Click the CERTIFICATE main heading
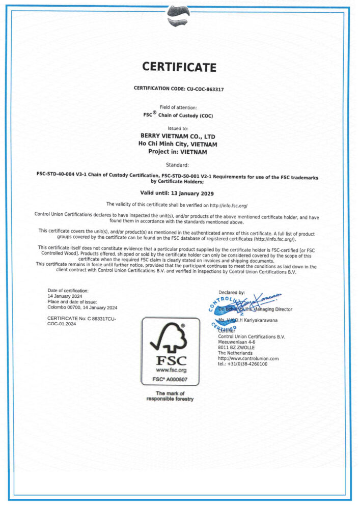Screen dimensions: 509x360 click(x=179, y=67)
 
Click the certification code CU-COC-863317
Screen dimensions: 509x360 click(x=202, y=88)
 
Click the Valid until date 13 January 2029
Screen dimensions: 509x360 click(x=177, y=193)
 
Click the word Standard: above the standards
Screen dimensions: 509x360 click(x=178, y=165)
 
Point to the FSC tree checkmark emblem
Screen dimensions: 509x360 click(x=170, y=338)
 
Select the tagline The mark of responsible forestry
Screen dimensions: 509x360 click(x=170, y=397)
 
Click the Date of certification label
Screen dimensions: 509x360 click(x=68, y=290)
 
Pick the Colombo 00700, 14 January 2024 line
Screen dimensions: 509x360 click(x=82, y=307)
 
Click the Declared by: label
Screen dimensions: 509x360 click(x=232, y=293)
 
